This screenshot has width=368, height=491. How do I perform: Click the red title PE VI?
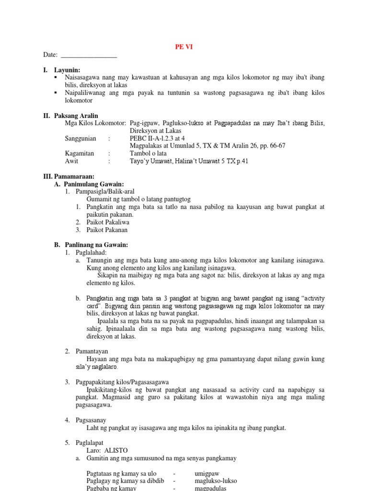184,47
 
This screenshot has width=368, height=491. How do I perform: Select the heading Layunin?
67,70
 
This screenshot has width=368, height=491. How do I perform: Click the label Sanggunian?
80,139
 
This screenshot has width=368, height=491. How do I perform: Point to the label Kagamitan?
80,154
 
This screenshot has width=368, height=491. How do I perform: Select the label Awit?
71,162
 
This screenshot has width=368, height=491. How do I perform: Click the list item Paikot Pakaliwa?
108,222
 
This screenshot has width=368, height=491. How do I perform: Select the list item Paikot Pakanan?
108,230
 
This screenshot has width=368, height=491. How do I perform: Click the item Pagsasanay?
91,420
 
